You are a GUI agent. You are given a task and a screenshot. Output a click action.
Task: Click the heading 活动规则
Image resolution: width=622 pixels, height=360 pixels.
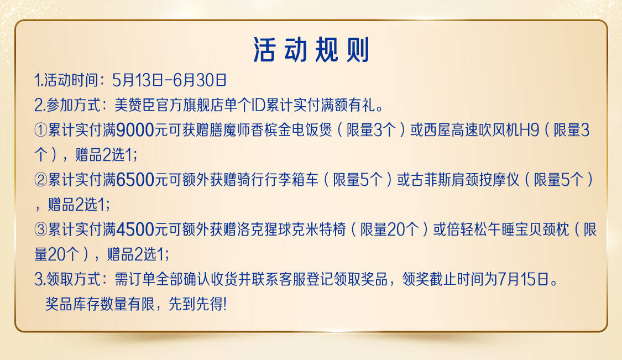click(311, 50)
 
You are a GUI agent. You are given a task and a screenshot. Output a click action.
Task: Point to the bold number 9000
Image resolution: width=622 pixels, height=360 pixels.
click(135, 130)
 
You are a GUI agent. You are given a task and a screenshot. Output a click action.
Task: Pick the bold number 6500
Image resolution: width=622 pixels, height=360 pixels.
click(135, 180)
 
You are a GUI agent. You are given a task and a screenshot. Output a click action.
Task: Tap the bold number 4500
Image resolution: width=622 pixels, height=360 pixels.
click(135, 229)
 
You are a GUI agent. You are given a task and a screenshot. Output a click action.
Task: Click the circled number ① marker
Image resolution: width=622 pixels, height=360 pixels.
click(41, 130)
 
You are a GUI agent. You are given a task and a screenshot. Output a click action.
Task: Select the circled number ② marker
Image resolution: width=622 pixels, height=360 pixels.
click(41, 180)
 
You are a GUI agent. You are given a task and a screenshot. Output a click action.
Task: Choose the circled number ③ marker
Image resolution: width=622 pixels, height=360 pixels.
click(41, 229)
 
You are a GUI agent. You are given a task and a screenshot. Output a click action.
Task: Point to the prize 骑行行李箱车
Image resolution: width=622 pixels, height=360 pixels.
click(278, 180)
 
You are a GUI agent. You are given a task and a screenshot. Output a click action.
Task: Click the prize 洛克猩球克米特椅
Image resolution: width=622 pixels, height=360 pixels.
click(291, 229)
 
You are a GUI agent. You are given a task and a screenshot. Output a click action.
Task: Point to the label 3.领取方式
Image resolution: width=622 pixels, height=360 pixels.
click(67, 279)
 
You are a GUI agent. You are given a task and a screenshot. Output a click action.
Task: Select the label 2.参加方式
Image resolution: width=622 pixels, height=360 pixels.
click(67, 105)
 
